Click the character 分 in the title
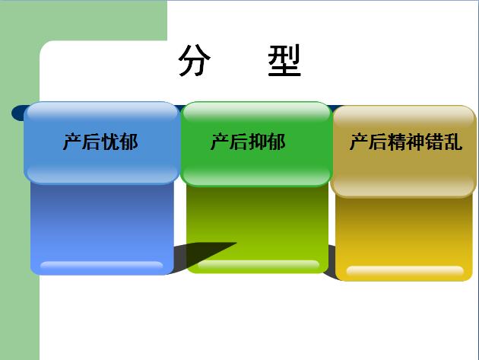[x=195, y=60]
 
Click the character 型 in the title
[x=284, y=60]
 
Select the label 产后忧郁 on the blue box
[x=100, y=142]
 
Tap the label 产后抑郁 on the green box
[x=248, y=142]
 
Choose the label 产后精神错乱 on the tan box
[x=406, y=142]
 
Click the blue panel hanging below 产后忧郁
[x=102, y=228]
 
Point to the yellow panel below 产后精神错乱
[x=404, y=238]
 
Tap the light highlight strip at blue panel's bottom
[x=102, y=265]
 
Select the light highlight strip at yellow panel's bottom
[x=405, y=270]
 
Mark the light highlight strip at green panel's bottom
[x=259, y=264]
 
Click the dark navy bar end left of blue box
[x=19, y=113]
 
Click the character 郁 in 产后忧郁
[x=129, y=142]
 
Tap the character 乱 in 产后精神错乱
[x=453, y=142]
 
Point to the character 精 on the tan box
[x=397, y=142]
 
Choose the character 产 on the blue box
[x=72, y=142]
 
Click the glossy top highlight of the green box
[x=256, y=112]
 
